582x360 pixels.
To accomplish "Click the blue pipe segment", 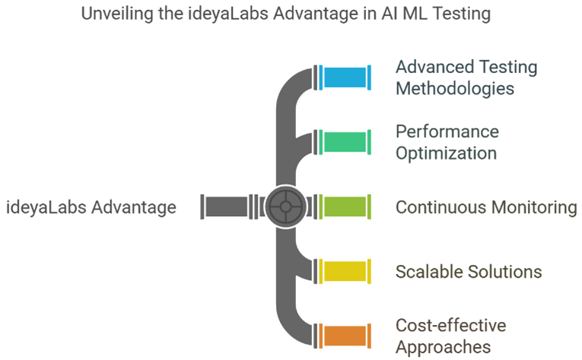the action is [345, 78].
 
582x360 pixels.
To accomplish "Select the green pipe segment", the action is [345, 142].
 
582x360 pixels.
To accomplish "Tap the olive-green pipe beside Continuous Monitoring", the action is [345, 206].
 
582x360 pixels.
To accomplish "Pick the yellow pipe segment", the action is [345, 271].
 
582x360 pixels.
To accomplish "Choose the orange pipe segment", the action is [345, 336].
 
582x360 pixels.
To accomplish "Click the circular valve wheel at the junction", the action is [285, 206].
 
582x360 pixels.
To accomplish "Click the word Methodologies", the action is [455, 89].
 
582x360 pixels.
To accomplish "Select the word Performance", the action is [447, 132].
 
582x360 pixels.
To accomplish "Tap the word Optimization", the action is [446, 154].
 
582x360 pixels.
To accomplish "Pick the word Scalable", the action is [429, 272].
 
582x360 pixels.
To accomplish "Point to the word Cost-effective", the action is [451, 326].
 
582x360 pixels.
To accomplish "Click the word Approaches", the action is [444, 347].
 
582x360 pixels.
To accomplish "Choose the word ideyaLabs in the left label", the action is [46, 207].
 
